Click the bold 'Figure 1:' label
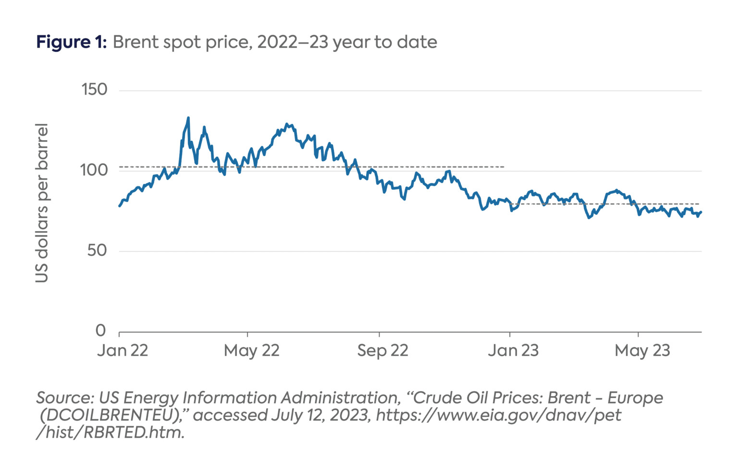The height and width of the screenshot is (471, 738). (71, 42)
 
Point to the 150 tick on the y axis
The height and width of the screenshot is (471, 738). (94, 89)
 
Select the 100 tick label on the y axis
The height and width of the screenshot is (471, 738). (94, 170)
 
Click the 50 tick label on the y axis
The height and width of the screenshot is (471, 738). (97, 250)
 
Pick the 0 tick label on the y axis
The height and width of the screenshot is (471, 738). (100, 331)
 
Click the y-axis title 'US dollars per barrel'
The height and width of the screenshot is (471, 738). (42, 203)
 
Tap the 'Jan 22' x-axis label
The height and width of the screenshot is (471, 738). (123, 350)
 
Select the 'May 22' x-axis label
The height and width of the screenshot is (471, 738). (251, 350)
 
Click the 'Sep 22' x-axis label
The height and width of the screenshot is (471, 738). (382, 350)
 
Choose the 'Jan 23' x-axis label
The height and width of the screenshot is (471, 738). (513, 350)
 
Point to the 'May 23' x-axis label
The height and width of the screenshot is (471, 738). (642, 350)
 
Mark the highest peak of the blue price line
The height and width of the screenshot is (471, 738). (188, 118)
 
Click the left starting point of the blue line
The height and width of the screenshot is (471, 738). (119, 206)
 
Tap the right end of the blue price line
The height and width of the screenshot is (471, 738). (701, 212)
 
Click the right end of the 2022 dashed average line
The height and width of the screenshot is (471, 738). (504, 167)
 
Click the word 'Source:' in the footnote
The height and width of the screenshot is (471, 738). (65, 398)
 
